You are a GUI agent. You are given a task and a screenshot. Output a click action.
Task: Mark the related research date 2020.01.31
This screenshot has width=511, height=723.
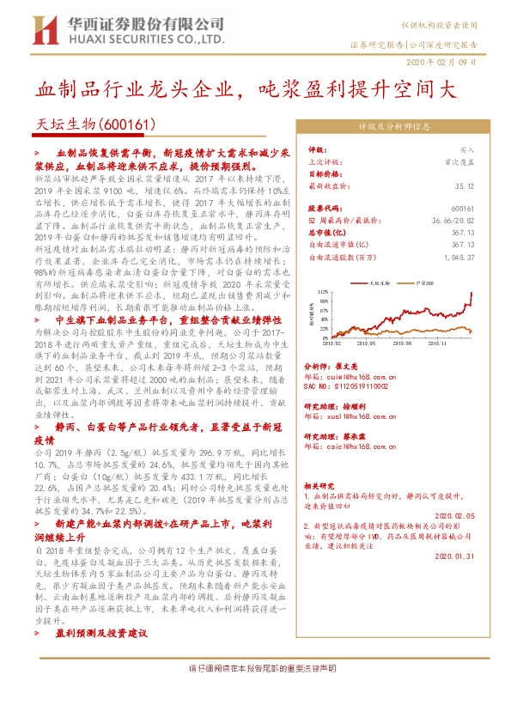[x=454, y=556]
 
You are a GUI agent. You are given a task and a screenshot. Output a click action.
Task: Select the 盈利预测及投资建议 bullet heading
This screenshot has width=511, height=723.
[x=101, y=633]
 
